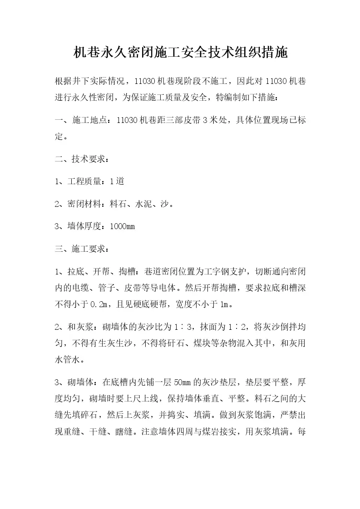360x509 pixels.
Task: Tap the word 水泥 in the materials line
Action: (x=144, y=204)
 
